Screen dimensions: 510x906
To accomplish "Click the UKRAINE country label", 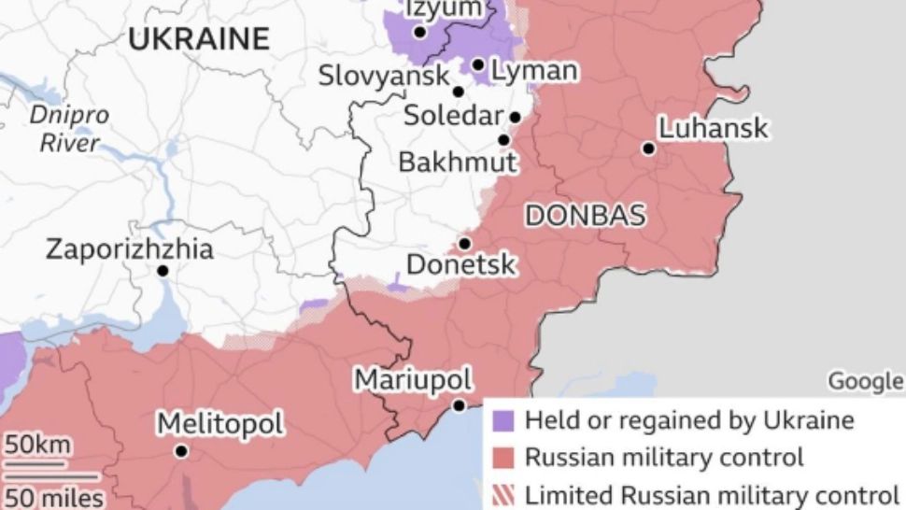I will pos(198,39).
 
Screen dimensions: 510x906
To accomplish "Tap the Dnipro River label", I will pos(68,129).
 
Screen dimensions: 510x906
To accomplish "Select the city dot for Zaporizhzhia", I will pos(163,271).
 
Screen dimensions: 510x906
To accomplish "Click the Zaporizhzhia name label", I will pos(130,249).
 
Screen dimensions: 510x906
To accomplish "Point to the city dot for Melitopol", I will pos(181,451).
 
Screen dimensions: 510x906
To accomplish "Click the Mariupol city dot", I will pos(459,405).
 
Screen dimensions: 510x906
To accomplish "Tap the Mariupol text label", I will pos(412,380).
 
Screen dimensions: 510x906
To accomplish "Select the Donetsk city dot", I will pos(464,243).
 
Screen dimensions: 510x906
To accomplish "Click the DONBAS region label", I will pos(585,216).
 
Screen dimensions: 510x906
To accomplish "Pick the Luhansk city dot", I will pos(647,148).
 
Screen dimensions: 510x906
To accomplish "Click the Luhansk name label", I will pos(714,128).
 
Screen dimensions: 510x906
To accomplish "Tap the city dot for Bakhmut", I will pos(503,140).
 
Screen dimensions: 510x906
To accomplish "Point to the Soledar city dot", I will pos(515,117).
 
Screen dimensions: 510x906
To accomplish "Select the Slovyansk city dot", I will pos(458,92).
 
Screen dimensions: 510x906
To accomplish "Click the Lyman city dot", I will pos(477,65).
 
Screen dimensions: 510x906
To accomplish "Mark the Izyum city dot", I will pos(419,32).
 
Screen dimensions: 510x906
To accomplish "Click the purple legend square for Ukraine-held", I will pos(505,421).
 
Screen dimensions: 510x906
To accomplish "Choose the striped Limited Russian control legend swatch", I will pos(505,494).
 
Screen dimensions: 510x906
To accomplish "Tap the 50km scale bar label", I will pos(36,445).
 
